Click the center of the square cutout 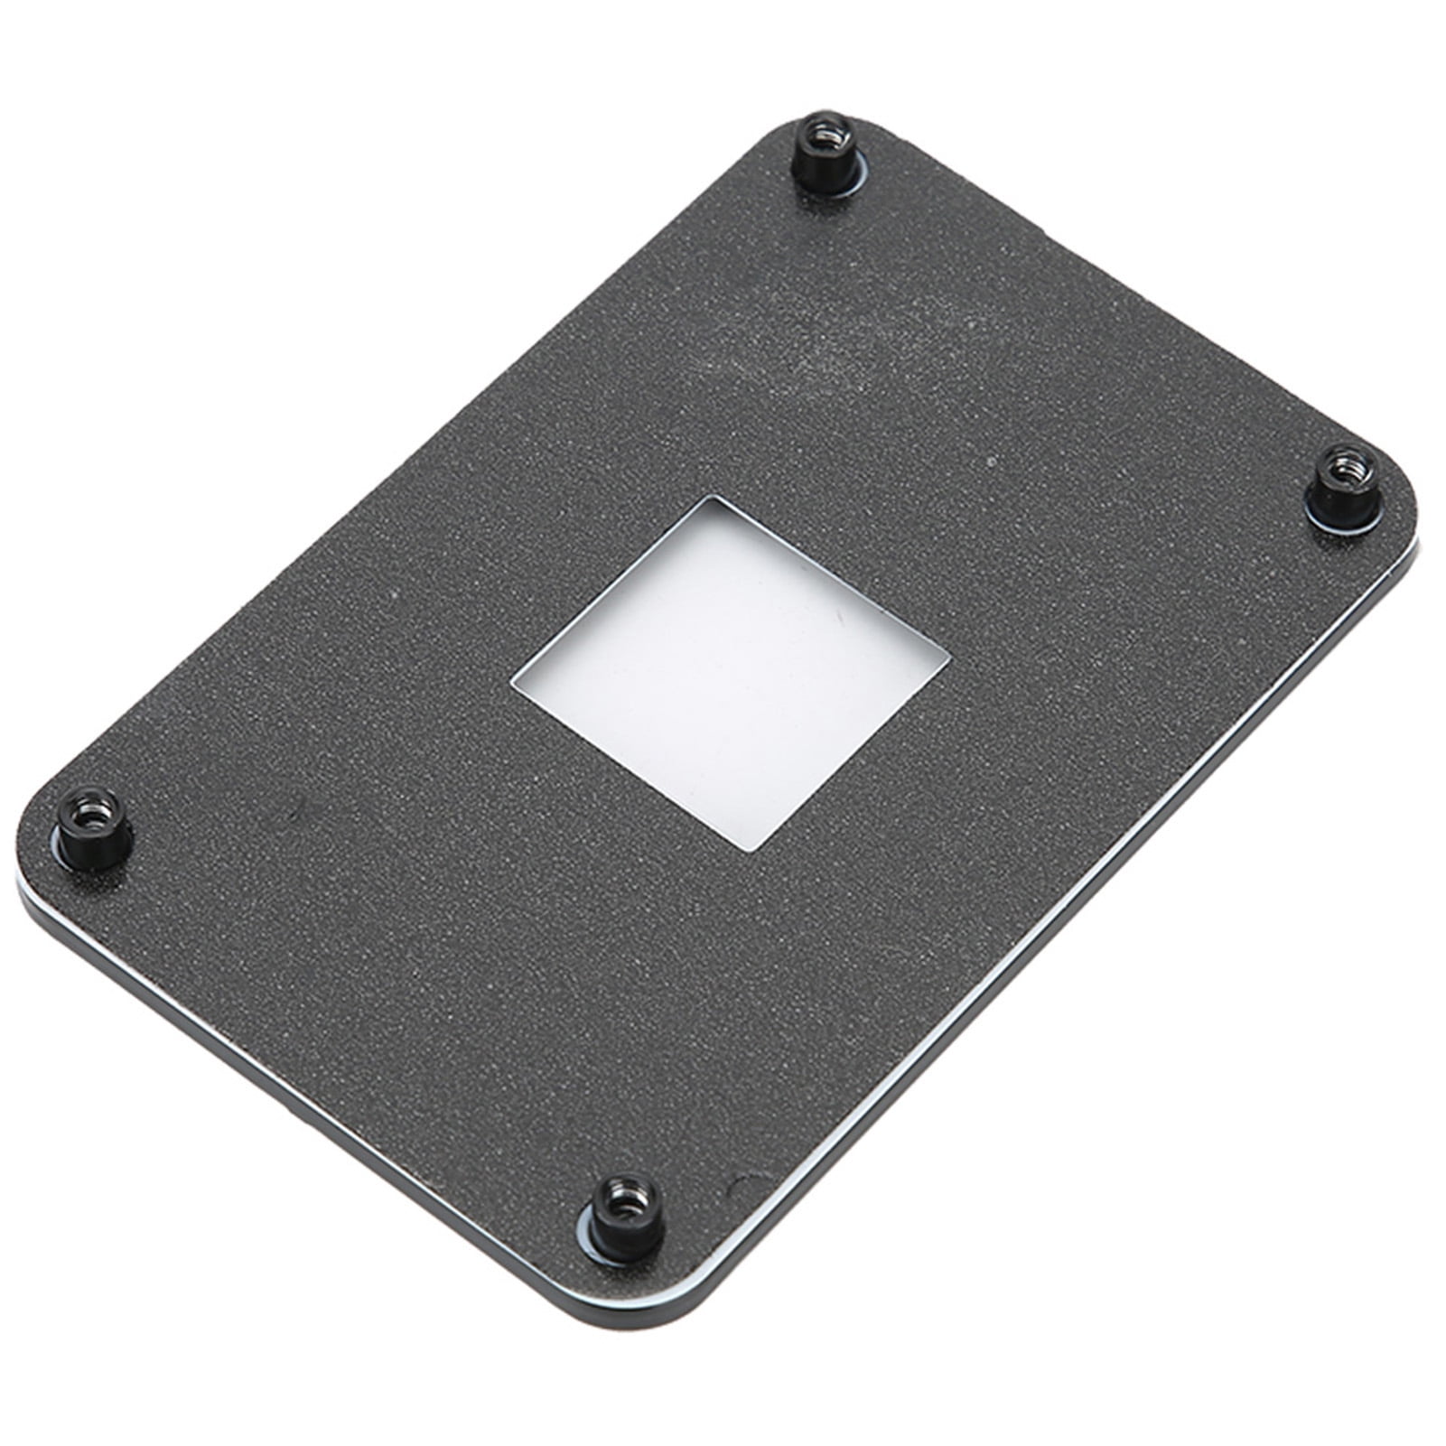pos(730,672)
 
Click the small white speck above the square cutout pos(994,463)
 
